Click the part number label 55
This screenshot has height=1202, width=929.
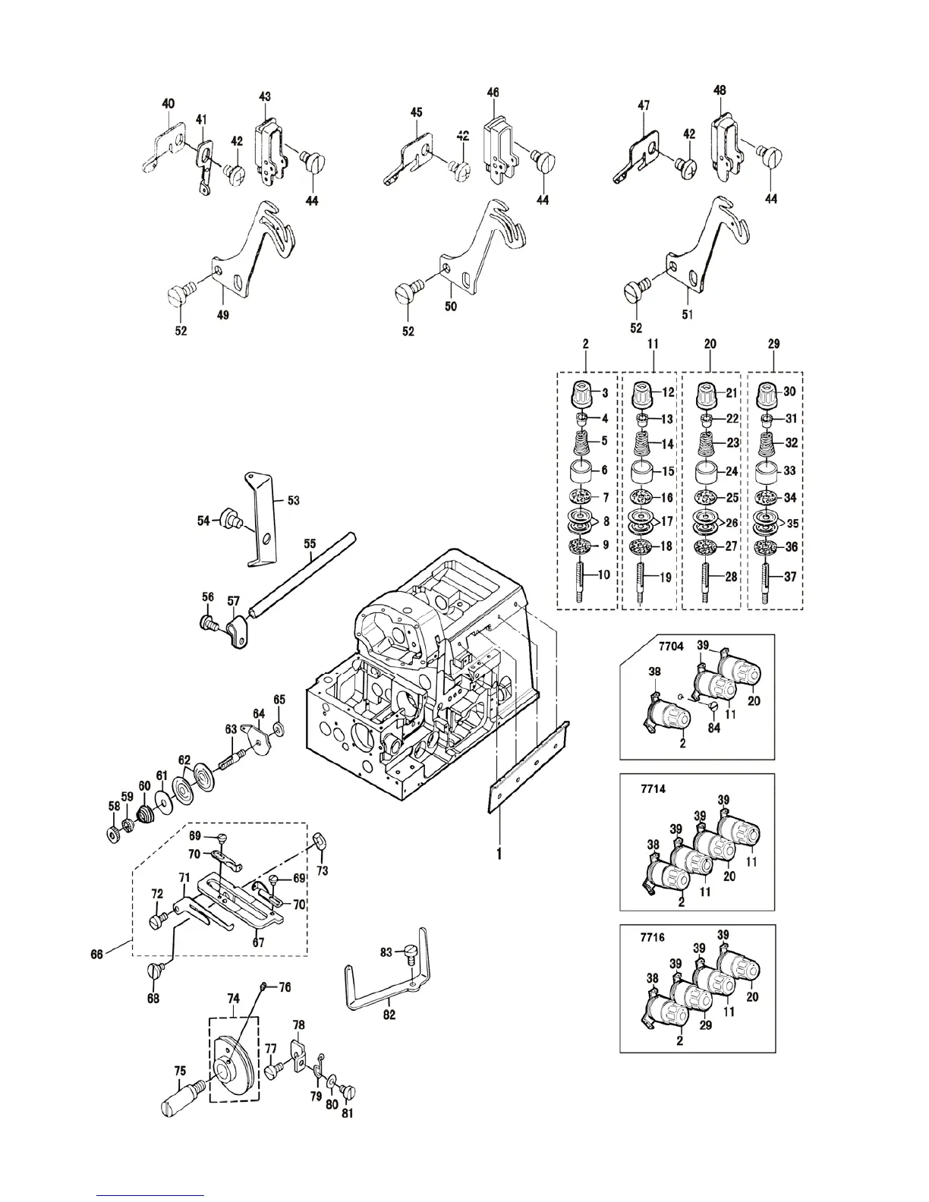coord(310,544)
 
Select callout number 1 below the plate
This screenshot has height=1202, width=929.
coord(499,854)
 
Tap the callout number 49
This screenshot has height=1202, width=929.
coord(223,315)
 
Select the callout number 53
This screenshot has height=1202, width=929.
coord(293,500)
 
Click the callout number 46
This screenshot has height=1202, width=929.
coord(493,93)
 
